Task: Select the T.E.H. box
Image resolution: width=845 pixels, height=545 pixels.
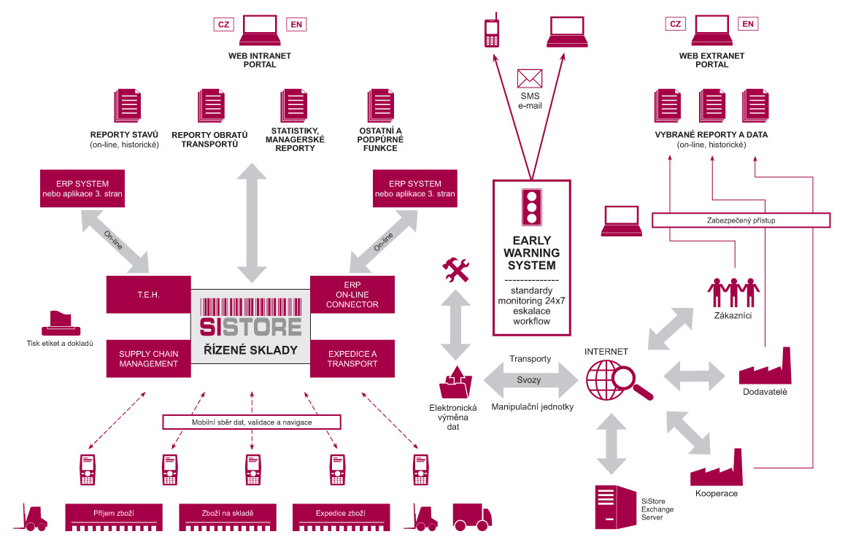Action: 148,295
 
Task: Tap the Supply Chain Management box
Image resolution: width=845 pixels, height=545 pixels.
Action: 148,358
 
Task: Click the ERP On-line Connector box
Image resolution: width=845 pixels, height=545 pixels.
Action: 352,295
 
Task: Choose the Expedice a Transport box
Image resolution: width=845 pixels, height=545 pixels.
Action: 352,358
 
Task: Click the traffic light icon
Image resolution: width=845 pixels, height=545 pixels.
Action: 530,207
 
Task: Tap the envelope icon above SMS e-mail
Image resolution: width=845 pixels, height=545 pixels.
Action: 530,79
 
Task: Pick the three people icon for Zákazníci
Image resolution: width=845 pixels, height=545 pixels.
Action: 733,291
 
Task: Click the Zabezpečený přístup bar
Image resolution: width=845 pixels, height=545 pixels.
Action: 741,220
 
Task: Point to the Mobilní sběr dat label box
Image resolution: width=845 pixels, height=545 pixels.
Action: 252,422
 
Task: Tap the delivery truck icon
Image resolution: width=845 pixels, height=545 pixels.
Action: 470,516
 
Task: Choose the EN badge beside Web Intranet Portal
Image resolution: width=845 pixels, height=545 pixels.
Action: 296,25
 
